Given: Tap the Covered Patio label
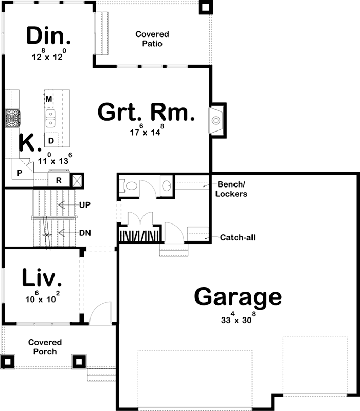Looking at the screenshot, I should (x=152, y=39).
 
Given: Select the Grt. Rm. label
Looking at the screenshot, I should (x=146, y=113).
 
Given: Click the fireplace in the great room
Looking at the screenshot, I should (x=216, y=121).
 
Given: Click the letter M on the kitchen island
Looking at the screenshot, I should (x=49, y=99).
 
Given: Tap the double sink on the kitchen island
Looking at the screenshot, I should (x=50, y=119).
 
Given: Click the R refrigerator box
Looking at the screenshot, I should (x=59, y=180).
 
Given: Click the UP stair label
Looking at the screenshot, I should (x=85, y=204).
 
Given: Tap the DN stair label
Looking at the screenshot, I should (x=85, y=232).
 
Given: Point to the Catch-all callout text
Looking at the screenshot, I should (x=238, y=237).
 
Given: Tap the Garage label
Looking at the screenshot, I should (x=238, y=297).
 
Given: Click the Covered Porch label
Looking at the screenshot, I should (x=45, y=347).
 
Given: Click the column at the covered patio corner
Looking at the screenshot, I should (x=205, y=7).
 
